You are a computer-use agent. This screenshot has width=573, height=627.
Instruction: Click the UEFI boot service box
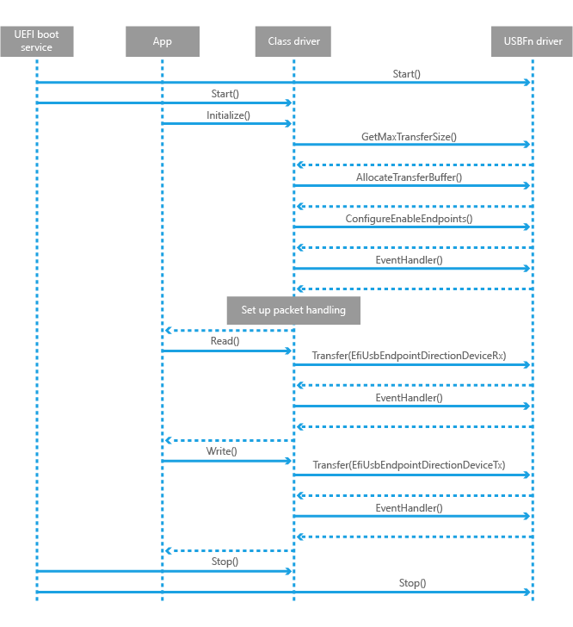tap(36, 40)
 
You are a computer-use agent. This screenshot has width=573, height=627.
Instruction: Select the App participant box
tap(162, 41)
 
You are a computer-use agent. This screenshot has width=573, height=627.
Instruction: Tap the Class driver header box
tap(293, 41)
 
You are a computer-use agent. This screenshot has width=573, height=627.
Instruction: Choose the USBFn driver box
tap(533, 41)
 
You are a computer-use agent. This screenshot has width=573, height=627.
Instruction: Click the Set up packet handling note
tap(293, 310)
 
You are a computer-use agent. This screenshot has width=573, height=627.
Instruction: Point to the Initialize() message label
tap(228, 115)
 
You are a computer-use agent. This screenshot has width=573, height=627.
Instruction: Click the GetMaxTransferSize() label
tap(409, 136)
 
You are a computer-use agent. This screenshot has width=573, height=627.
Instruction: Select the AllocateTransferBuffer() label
tap(409, 177)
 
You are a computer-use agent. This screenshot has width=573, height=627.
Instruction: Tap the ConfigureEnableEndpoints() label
tap(409, 219)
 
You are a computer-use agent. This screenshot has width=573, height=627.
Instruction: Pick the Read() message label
tap(225, 341)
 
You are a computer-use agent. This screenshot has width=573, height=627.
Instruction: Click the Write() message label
tap(221, 450)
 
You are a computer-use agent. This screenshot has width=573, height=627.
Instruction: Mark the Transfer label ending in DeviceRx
tap(409, 355)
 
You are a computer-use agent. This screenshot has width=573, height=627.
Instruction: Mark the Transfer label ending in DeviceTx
tap(409, 465)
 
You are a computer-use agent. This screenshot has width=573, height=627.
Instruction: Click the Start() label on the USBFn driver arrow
tap(406, 74)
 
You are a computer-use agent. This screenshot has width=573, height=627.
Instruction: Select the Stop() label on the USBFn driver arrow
tap(411, 583)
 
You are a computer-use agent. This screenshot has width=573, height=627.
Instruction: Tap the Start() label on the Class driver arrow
tap(225, 94)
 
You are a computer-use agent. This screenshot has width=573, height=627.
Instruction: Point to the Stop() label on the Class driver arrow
tap(225, 562)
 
